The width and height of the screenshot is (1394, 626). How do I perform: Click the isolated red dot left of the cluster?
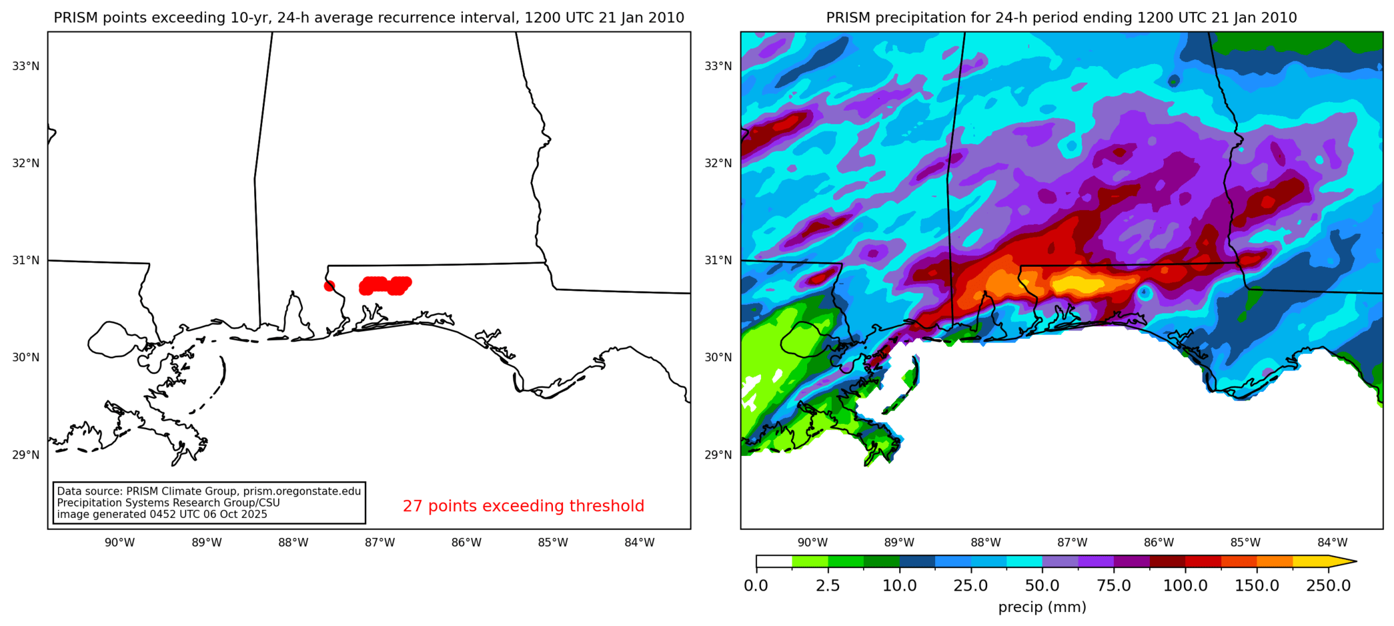coord(329,286)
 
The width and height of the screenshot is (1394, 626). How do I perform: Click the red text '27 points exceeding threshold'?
coord(523,506)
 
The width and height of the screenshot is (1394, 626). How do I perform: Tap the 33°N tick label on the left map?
coord(26,66)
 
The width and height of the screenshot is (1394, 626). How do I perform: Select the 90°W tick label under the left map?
coord(119,543)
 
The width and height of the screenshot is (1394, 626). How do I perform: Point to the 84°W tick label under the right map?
coord(1332,543)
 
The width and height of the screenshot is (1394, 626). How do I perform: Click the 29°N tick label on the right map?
coord(718,454)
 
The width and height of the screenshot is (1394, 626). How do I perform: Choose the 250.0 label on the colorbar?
coord(1328,586)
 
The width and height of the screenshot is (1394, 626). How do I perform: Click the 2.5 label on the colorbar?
coord(828,586)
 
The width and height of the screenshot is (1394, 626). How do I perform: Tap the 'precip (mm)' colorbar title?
coord(1042,607)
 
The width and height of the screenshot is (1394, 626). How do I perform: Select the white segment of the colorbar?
coord(774,561)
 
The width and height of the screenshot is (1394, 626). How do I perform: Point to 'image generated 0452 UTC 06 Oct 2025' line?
coord(162,515)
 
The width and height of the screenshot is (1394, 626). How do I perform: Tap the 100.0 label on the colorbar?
coord(1185,586)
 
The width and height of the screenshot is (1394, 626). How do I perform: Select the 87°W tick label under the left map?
coord(380,543)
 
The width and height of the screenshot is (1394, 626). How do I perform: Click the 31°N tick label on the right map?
coord(718,260)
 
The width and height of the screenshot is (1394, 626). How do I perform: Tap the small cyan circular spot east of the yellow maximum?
coord(1145,292)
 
